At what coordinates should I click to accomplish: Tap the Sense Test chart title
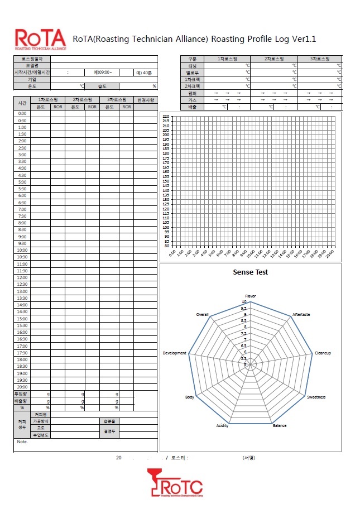tap(250, 272)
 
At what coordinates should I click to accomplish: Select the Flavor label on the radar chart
tap(251, 296)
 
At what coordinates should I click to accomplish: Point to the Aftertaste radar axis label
tap(301, 315)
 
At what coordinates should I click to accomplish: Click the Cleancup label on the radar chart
tap(323, 353)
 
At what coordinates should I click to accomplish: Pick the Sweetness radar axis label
tap(316, 397)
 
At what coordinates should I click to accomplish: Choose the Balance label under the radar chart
tap(280, 426)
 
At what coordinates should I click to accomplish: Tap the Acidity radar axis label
tap(222, 426)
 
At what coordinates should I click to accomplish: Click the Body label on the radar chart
tap(190, 397)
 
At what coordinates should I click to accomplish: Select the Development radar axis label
tap(175, 353)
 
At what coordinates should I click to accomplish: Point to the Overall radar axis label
tap(202, 315)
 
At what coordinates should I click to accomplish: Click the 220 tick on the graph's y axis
tap(166, 117)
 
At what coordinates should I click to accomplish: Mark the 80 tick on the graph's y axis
tap(167, 246)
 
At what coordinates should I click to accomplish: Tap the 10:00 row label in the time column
tap(22, 250)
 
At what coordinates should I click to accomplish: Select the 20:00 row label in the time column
tap(22, 387)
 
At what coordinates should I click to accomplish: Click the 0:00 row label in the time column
tap(22, 113)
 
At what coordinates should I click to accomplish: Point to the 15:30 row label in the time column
tap(22, 325)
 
